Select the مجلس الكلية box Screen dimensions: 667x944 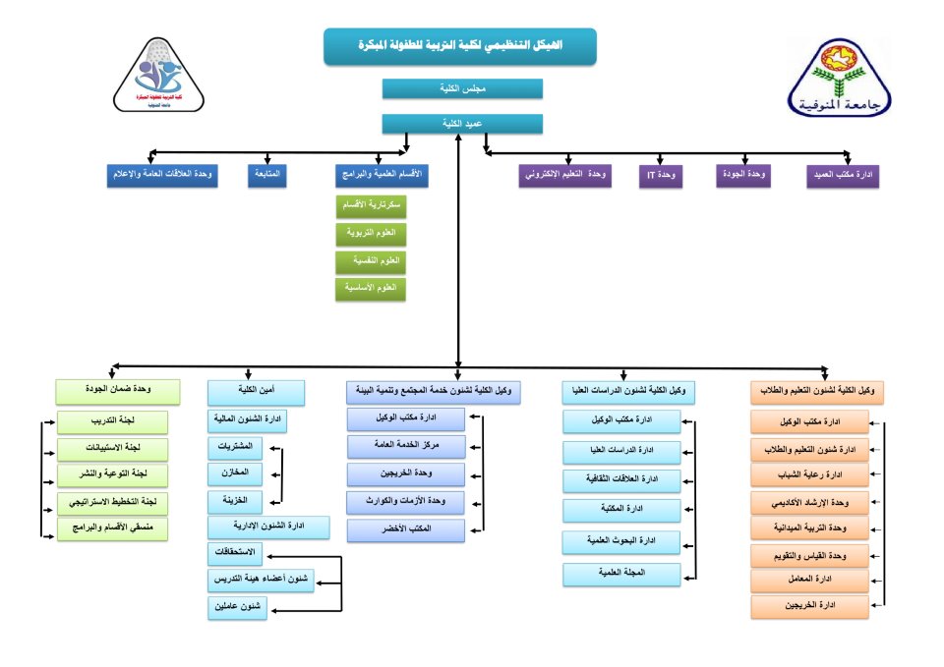[x=462, y=88]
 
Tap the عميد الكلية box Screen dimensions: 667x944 [x=462, y=124]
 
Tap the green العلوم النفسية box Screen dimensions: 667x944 [x=372, y=261]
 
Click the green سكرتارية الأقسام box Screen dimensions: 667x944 [x=372, y=206]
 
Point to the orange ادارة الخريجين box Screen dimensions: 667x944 [x=810, y=606]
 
